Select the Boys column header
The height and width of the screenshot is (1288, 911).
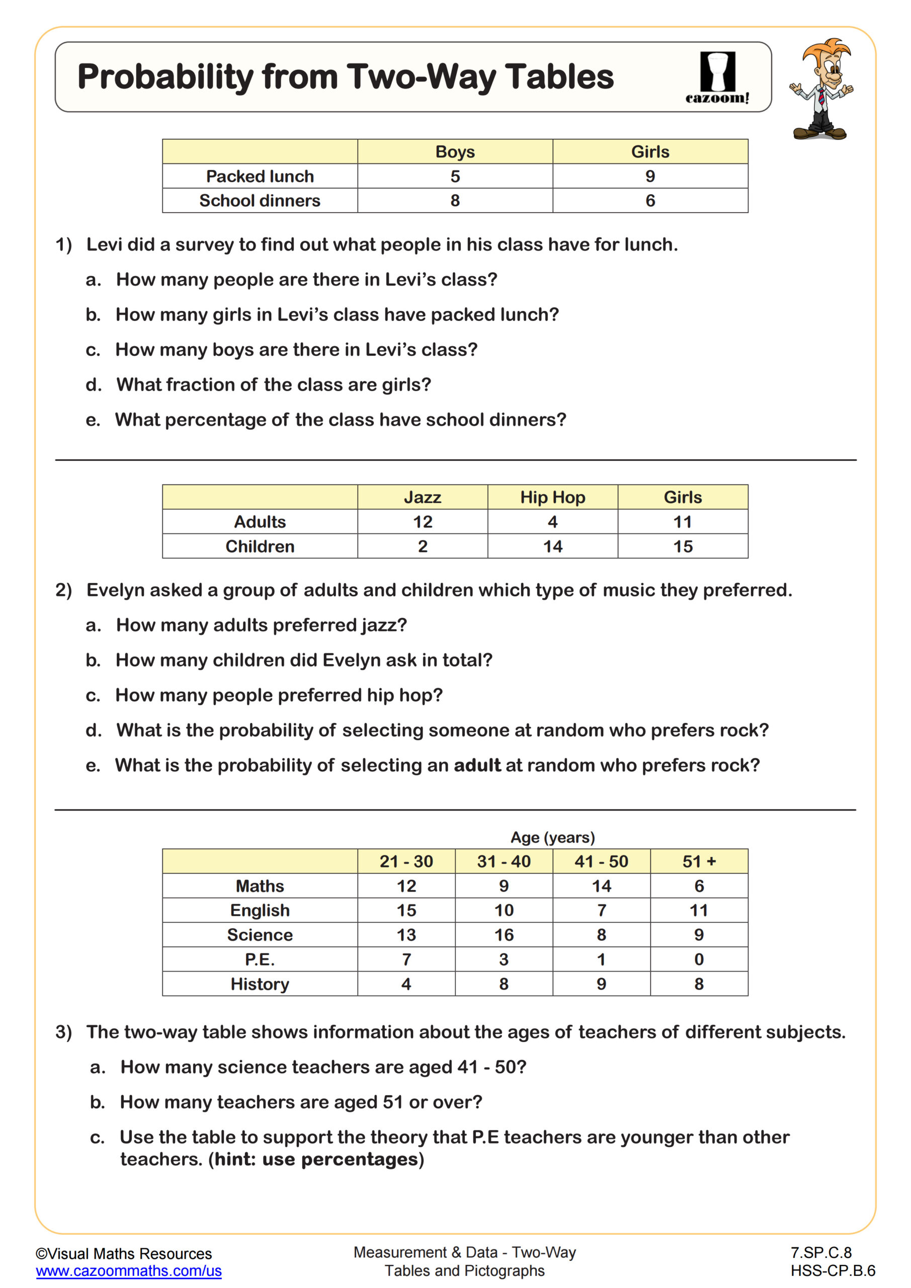454,151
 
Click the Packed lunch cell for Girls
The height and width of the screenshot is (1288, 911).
649,176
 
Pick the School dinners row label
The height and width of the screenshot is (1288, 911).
260,200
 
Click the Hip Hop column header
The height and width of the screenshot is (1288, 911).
552,497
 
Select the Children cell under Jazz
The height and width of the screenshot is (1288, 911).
423,546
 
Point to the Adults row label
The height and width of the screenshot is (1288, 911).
260,522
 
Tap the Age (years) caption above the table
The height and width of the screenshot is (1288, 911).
552,837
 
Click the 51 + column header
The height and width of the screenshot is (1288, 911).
698,861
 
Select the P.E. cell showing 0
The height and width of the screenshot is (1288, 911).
698,959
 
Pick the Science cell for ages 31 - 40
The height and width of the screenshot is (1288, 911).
503,935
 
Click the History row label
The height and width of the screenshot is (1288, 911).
260,984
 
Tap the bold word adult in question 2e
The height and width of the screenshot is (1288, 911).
477,765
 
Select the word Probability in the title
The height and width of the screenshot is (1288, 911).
165,77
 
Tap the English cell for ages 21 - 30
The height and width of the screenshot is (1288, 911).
406,910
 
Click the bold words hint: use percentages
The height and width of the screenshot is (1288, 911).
316,1159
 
